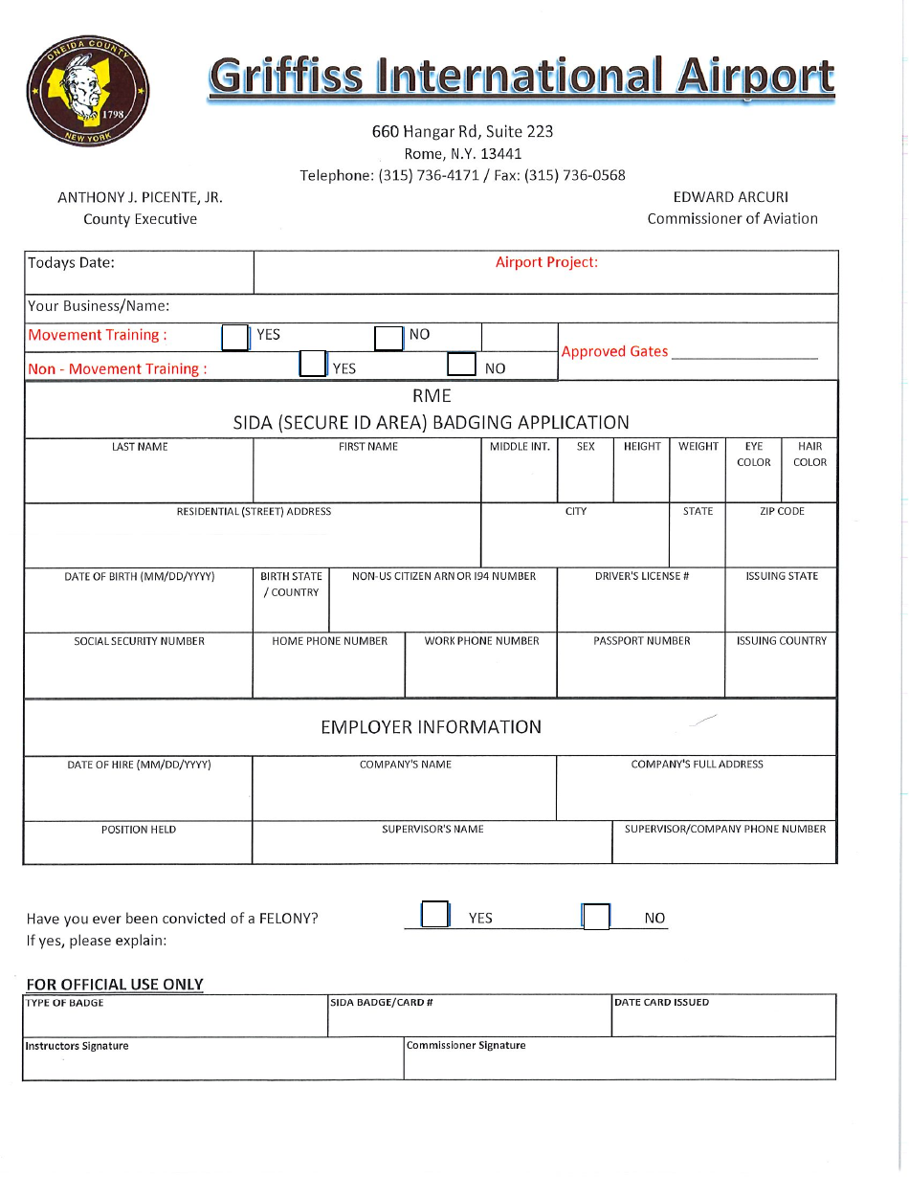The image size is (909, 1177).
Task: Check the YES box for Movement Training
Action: click(234, 337)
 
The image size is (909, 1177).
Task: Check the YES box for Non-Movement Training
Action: click(313, 365)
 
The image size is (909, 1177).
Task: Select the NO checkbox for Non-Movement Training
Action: click(462, 366)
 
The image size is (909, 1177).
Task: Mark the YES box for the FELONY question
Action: click(435, 915)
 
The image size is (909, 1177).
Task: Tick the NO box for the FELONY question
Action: click(596, 917)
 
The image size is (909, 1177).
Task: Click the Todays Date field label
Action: click(71, 263)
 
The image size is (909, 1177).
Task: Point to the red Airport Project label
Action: click(546, 262)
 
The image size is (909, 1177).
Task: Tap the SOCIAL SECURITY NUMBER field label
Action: click(139, 641)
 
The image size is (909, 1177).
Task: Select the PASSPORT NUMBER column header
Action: click(641, 641)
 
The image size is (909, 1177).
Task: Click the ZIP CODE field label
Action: click(782, 512)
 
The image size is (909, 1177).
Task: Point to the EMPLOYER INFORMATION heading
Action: click(431, 727)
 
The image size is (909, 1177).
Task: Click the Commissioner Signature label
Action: click(466, 1046)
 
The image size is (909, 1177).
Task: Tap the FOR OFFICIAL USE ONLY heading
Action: click(115, 984)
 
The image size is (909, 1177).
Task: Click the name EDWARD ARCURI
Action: click(731, 197)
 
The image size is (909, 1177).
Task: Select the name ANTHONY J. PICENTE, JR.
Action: click(140, 197)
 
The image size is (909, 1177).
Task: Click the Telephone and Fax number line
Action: click(462, 175)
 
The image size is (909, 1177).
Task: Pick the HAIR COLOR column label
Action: click(809, 455)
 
